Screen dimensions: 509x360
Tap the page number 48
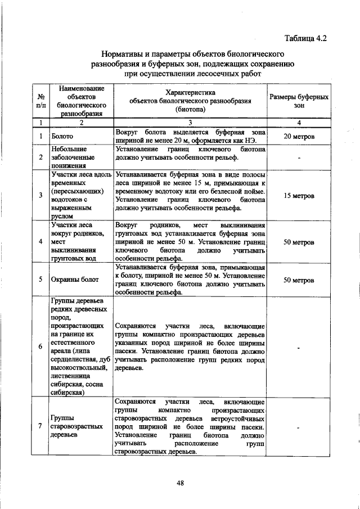180,482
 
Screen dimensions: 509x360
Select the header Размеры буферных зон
299,101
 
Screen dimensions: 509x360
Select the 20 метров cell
299,137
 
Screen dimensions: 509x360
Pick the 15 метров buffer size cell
299,196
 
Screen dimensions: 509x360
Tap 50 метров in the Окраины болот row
299,280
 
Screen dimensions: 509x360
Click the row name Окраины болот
74,280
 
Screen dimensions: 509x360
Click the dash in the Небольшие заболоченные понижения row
299,157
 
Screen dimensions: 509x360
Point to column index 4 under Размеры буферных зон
299,122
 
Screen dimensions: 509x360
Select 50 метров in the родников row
299,242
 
